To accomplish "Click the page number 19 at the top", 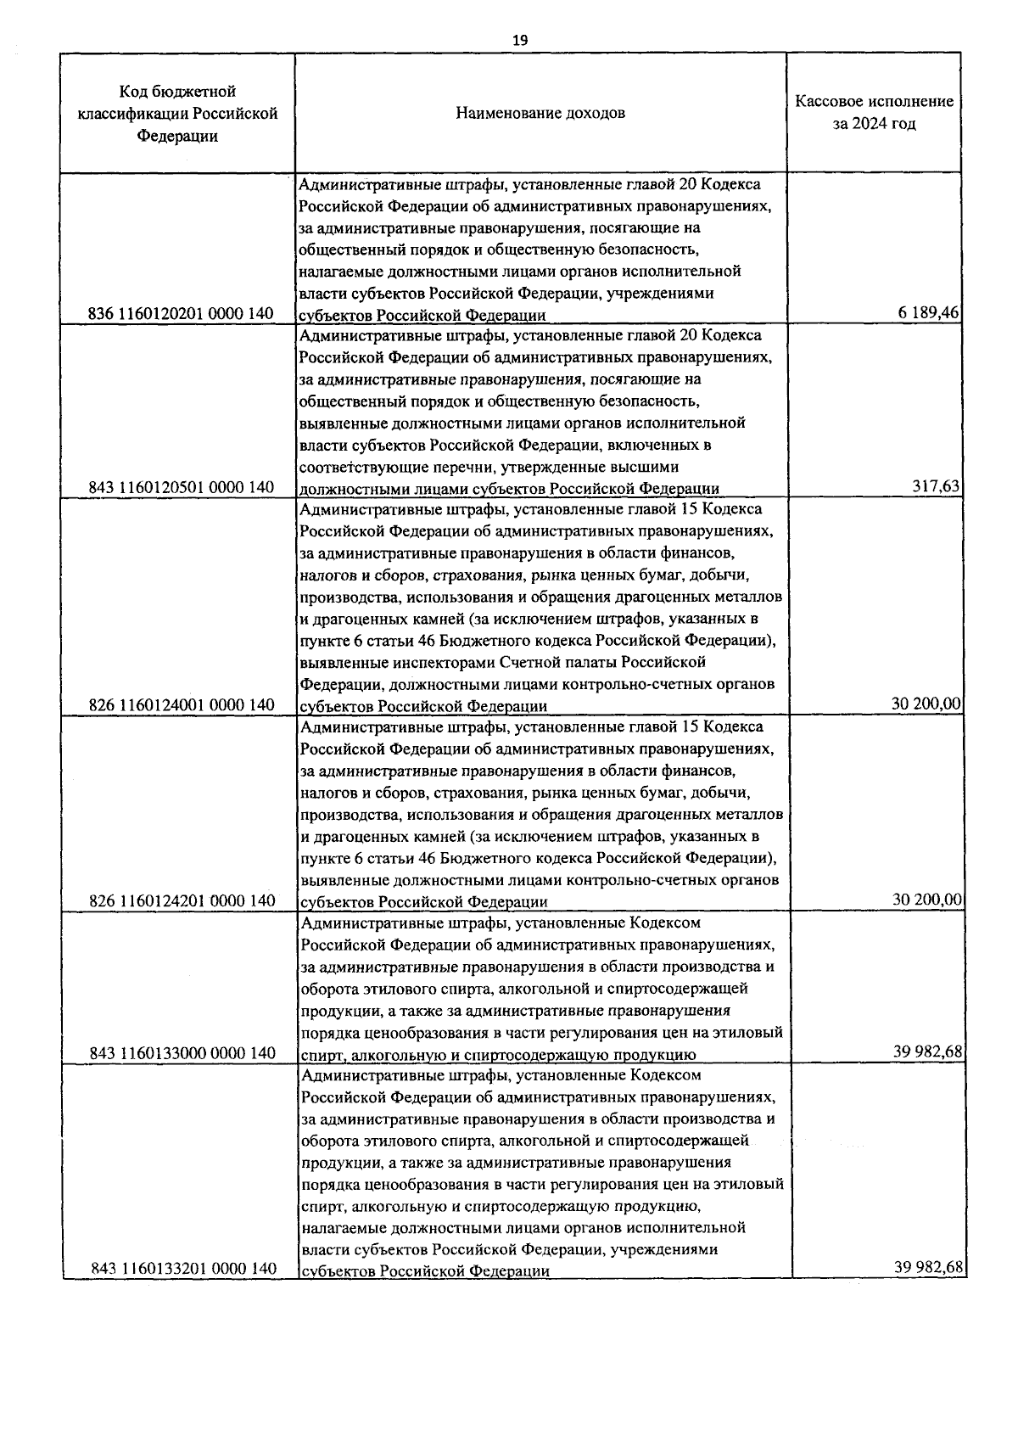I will point(520,40).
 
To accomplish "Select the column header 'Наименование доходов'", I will point(540,113).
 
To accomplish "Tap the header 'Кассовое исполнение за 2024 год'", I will point(874,113).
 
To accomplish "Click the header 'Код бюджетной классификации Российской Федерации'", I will point(177,113).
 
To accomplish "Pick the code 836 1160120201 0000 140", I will point(182,314).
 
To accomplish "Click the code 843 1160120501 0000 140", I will point(182,488).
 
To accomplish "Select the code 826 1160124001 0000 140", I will point(182,705).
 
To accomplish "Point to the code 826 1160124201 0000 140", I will point(182,900).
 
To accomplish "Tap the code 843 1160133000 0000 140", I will point(182,1053).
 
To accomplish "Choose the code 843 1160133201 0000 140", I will point(182,1269).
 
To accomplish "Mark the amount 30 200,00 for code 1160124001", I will point(926,704).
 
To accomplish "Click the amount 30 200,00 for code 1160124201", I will point(926,899).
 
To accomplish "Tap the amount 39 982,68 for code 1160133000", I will point(926,1051).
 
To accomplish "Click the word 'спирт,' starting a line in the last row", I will point(322,1206).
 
